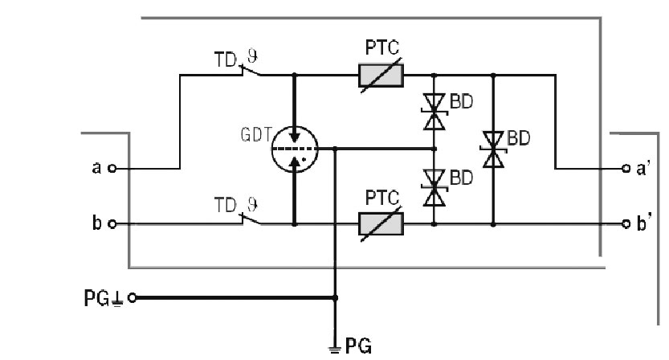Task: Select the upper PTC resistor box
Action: [380, 76]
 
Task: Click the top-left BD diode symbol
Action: [434, 112]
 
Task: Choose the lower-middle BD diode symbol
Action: [434, 187]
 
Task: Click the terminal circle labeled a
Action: [112, 170]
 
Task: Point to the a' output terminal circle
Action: [626, 170]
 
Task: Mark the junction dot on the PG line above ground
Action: [334, 297]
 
